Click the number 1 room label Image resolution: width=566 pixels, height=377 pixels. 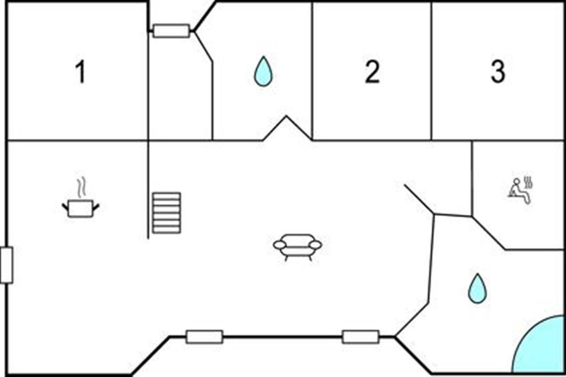(81, 73)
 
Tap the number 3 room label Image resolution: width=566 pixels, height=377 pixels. (498, 72)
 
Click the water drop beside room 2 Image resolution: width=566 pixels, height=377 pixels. (263, 72)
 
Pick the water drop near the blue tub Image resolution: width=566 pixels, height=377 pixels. (477, 288)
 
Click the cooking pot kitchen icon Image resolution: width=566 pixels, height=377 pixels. (81, 208)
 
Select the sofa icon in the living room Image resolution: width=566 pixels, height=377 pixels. (298, 246)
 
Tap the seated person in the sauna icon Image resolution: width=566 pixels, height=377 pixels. (518, 191)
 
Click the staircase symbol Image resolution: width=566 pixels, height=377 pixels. (166, 213)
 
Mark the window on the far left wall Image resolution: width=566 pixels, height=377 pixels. (7, 265)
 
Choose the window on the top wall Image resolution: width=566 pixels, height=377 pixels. (171, 31)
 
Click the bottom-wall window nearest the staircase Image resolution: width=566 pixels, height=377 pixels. (204, 337)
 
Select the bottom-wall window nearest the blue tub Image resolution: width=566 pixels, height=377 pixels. (360, 337)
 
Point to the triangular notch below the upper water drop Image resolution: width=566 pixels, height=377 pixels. (286, 128)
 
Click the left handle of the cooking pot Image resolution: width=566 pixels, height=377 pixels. (65, 207)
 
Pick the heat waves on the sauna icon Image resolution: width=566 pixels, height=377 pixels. (529, 182)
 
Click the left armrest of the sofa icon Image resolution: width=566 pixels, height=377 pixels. (279, 245)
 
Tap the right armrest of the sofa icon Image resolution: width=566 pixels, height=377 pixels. (316, 245)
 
